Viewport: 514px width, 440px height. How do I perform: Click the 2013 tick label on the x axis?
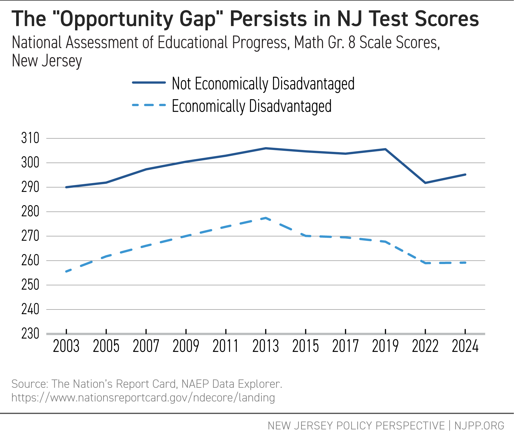[x=265, y=346]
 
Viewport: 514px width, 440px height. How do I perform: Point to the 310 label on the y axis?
[x=30, y=138]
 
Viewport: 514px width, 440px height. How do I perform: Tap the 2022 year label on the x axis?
[x=425, y=346]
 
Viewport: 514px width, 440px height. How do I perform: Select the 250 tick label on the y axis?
[x=30, y=285]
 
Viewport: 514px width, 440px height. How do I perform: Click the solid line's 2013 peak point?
[x=265, y=148]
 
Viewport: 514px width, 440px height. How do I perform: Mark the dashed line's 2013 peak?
[x=265, y=218]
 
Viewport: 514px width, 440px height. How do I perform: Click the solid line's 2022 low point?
[x=425, y=183]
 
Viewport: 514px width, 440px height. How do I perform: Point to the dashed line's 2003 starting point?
[x=66, y=271]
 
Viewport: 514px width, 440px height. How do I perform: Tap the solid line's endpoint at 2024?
[x=465, y=175]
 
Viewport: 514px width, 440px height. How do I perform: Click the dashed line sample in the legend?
[x=149, y=105]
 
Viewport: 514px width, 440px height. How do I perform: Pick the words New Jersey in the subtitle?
[x=47, y=61]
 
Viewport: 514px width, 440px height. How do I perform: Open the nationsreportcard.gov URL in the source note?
[x=143, y=398]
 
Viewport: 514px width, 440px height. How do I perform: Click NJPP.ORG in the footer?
[x=479, y=426]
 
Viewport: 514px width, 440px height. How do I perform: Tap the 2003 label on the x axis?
[x=66, y=346]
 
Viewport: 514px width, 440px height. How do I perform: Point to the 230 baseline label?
[x=30, y=334]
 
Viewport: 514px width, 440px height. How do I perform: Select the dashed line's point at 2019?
[x=385, y=242]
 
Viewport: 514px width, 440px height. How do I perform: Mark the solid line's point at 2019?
[x=385, y=149]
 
